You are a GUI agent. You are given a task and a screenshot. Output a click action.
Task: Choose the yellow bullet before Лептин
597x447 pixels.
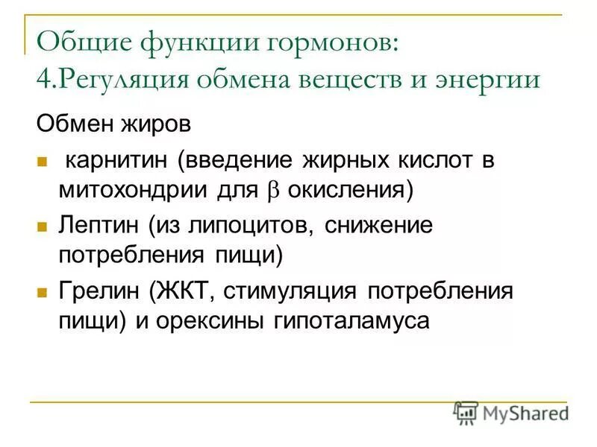click(x=43, y=225)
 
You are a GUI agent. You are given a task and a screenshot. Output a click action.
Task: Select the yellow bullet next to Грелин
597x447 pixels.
click(x=43, y=291)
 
